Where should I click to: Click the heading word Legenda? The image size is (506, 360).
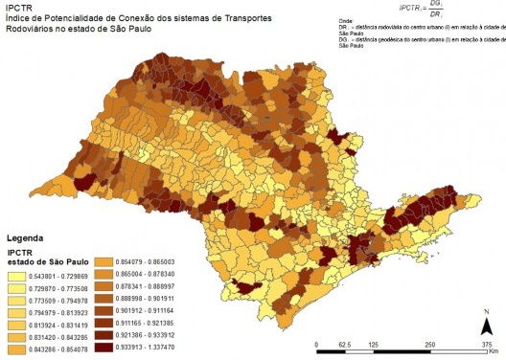click(x=26, y=236)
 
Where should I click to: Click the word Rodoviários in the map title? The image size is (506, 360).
click(x=32, y=30)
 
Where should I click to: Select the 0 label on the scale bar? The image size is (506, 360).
click(x=317, y=342)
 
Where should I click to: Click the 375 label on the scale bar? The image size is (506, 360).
click(x=486, y=342)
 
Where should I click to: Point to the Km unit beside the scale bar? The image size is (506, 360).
click(x=492, y=351)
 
